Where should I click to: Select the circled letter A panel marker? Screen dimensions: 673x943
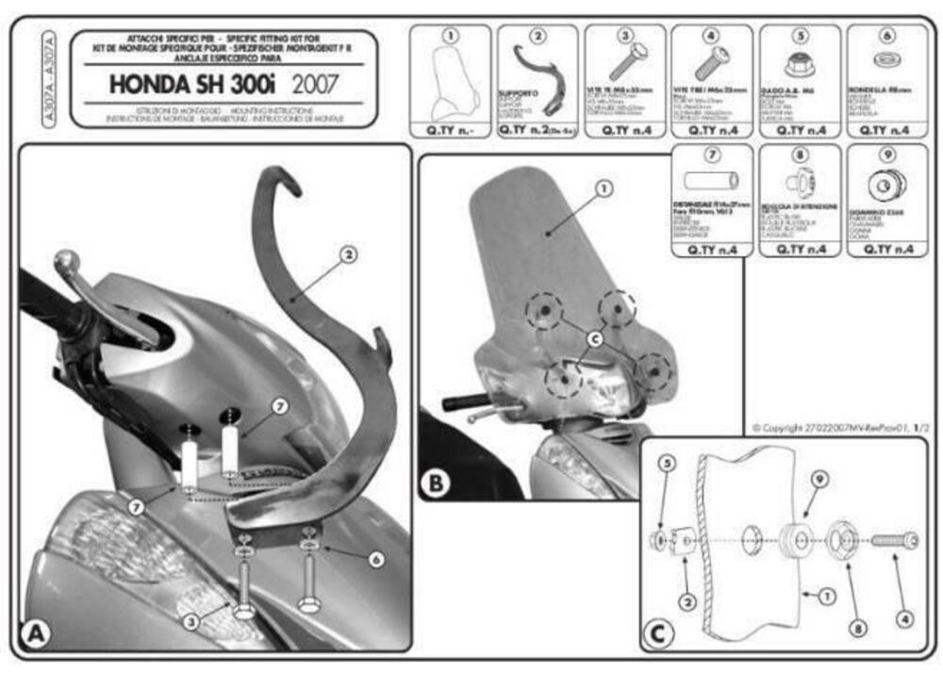[x=36, y=633]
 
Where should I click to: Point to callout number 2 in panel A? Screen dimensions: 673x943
[x=348, y=254]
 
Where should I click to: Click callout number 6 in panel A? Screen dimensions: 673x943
[x=376, y=559]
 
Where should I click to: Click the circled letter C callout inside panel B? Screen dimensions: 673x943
[x=593, y=336]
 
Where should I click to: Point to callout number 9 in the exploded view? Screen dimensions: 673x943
[x=819, y=479]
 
